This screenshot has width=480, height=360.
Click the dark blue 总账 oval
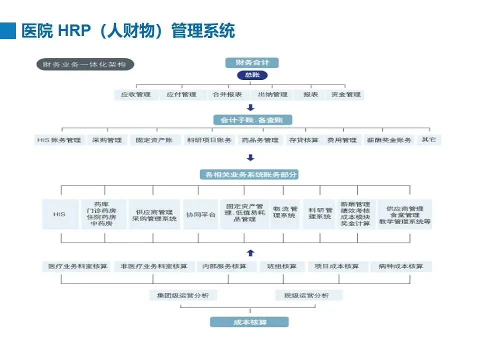click(251, 75)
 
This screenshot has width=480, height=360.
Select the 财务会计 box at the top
click(251, 63)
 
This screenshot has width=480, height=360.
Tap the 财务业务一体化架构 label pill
click(85, 64)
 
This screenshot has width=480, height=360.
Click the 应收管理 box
click(135, 94)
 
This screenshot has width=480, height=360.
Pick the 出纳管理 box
click(272, 94)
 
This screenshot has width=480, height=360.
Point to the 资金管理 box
click(345, 94)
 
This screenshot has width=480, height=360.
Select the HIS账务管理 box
click(59, 140)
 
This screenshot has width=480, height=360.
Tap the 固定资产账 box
click(154, 140)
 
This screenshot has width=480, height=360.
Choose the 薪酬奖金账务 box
click(389, 140)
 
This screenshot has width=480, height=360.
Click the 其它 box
click(429, 139)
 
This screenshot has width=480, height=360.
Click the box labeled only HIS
click(59, 214)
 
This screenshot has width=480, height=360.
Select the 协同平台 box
click(200, 214)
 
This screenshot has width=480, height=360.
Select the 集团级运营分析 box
click(183, 295)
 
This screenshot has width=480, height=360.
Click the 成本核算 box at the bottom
click(249, 322)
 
